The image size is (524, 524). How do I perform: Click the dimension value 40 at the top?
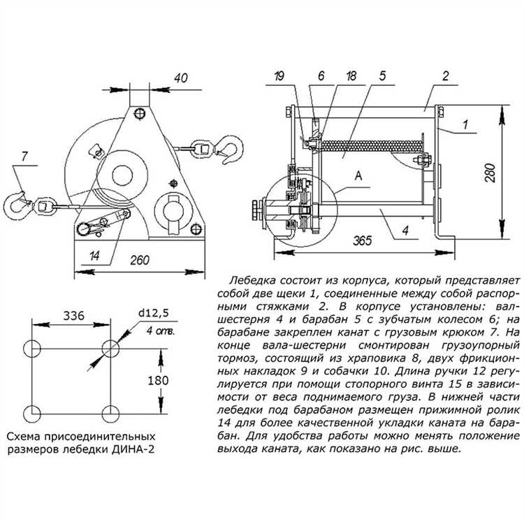click(x=181, y=78)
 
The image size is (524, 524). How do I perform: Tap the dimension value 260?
click(x=140, y=260)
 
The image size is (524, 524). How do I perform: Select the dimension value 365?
click(x=363, y=240)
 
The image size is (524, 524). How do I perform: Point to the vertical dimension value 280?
click(x=491, y=173)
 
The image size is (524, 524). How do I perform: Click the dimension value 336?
click(x=74, y=316)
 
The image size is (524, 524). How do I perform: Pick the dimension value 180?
click(x=158, y=380)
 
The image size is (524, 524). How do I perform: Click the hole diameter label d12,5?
click(x=154, y=313)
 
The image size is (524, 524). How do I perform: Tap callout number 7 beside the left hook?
click(x=24, y=157)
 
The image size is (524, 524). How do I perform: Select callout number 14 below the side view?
click(x=94, y=256)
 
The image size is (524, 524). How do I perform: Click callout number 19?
click(x=279, y=76)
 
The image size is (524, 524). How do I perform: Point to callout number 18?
click(x=351, y=76)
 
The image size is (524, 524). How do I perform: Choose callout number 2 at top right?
click(x=446, y=76)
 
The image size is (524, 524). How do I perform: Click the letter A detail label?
click(x=358, y=175)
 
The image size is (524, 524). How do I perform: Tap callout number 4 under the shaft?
click(x=405, y=230)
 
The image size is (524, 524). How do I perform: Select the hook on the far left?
click(x=16, y=205)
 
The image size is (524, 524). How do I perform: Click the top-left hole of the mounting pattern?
click(x=32, y=349)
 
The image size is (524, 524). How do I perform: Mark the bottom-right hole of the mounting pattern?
click(x=110, y=414)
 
